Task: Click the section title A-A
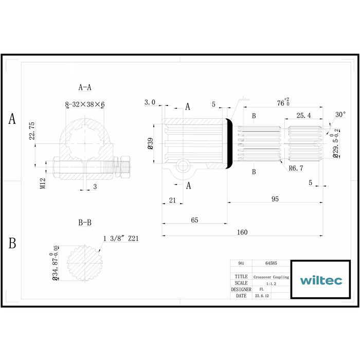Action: [x=85, y=88]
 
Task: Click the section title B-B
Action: [x=85, y=223]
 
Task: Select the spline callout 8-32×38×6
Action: [x=85, y=104]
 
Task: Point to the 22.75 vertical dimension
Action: [x=32, y=131]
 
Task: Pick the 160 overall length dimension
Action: [x=242, y=232]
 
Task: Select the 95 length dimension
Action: [x=275, y=198]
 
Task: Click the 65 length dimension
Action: [x=194, y=220]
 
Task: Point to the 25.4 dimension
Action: [x=303, y=115]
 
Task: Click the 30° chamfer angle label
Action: [x=340, y=114]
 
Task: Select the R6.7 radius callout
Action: [x=295, y=168]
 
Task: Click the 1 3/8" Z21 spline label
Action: [x=121, y=239]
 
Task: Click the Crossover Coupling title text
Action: [x=271, y=277]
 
